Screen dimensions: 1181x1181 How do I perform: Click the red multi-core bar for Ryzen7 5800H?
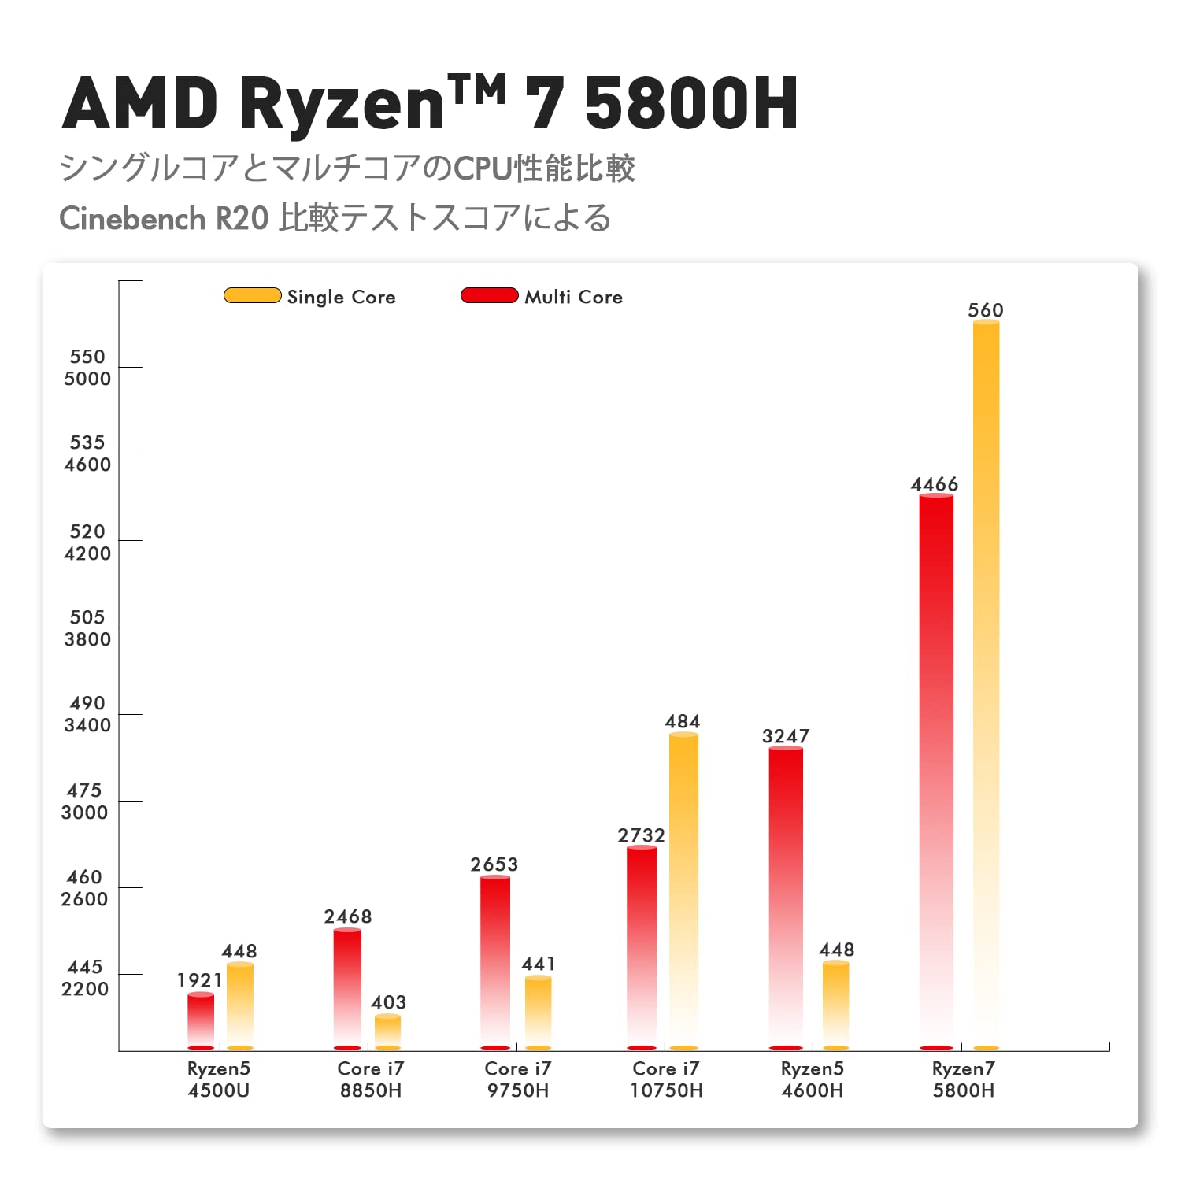[936, 772]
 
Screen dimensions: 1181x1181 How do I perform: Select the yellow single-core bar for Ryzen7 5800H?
[986, 685]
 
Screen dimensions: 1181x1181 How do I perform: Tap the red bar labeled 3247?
[786, 898]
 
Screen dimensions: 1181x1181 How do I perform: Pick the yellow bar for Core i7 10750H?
[683, 890]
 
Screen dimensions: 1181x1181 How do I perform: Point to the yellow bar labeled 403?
[387, 1031]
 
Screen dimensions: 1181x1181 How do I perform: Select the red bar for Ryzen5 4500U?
[201, 1020]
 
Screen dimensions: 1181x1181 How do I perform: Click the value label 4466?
[935, 484]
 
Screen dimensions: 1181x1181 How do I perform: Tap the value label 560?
[986, 310]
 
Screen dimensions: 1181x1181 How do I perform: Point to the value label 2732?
[641, 835]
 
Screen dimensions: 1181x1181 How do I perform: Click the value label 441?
[539, 964]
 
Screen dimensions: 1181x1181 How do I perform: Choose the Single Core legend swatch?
[252, 296]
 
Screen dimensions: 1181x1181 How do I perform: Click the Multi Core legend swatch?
[489, 296]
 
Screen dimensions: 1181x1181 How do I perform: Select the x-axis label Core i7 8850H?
[371, 1079]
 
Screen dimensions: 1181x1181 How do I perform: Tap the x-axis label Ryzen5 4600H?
[812, 1079]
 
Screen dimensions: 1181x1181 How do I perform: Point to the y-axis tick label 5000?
[87, 379]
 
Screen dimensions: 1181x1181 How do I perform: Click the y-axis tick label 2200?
[85, 989]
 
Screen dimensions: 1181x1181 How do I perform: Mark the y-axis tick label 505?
[87, 617]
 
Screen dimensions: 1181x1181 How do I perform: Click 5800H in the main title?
[692, 103]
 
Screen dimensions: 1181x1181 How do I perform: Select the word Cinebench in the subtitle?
[132, 219]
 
